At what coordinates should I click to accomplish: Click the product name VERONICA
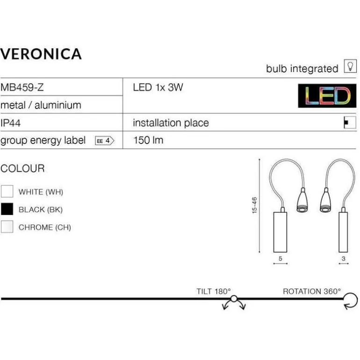click(x=41, y=54)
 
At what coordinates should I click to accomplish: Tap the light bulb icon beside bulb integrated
click(x=349, y=67)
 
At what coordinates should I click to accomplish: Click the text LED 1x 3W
click(x=158, y=87)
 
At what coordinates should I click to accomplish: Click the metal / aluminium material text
click(x=41, y=105)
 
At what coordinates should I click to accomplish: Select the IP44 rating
click(x=10, y=123)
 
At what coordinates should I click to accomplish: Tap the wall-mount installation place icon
click(x=346, y=123)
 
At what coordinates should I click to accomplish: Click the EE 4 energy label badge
click(x=104, y=140)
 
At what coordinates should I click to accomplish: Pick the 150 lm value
click(x=148, y=140)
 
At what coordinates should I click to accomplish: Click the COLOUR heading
click(x=22, y=169)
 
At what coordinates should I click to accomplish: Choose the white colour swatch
click(x=7, y=192)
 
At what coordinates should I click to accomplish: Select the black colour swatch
click(x=7, y=209)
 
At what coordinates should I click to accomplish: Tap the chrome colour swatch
click(x=7, y=227)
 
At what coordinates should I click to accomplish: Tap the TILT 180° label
click(x=214, y=291)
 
